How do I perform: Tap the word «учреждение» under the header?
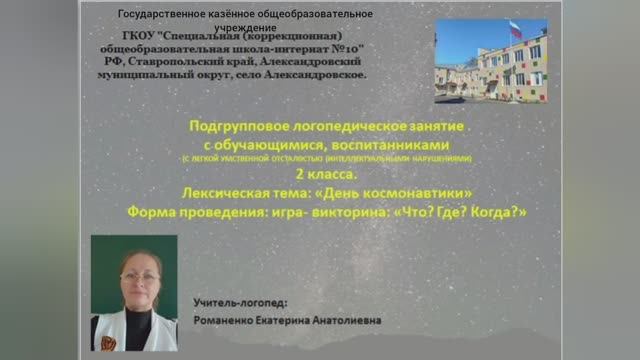point(245,28)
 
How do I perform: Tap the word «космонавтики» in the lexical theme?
point(414,192)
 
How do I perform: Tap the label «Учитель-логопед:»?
point(239,301)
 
